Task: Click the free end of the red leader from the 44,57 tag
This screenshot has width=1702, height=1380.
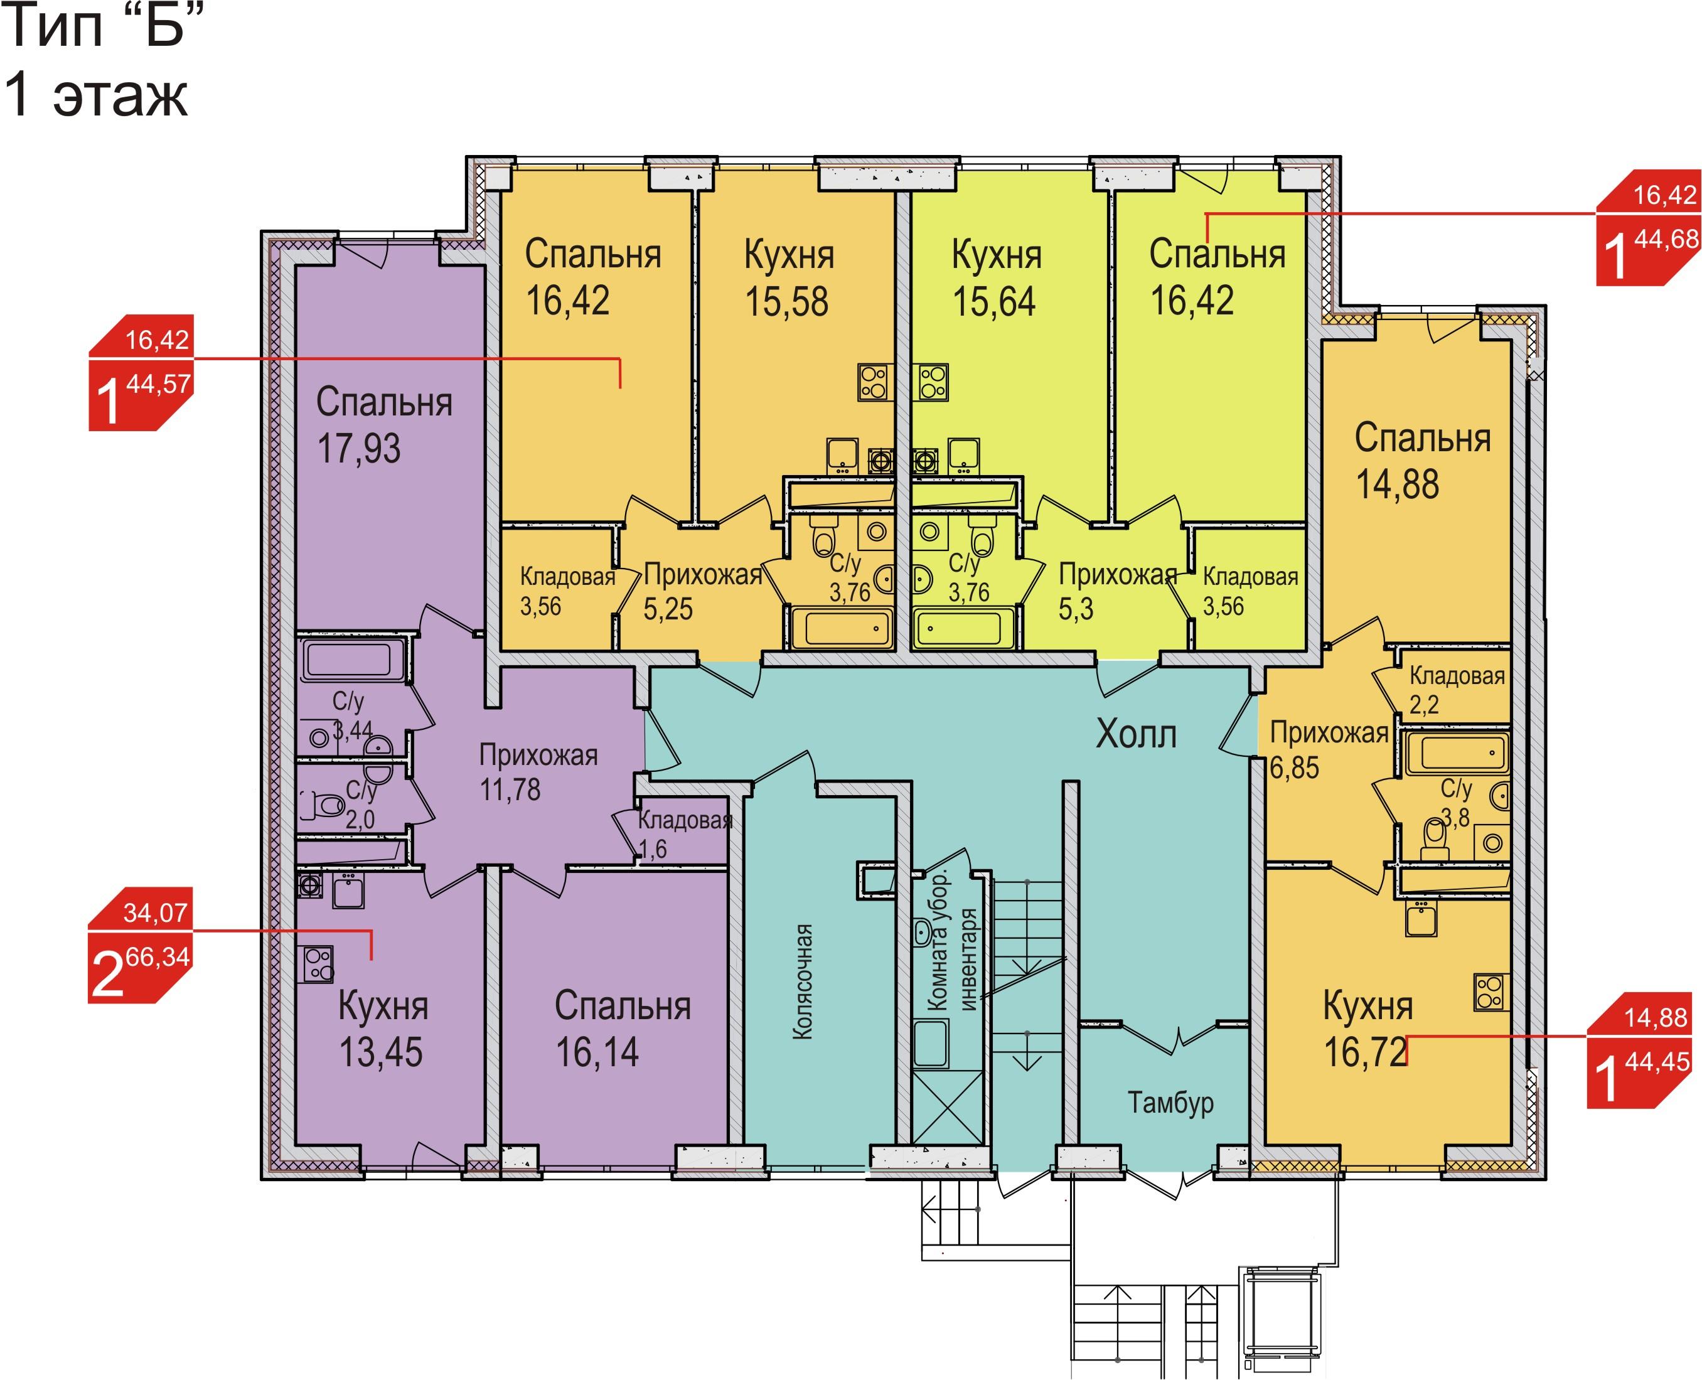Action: click(x=620, y=387)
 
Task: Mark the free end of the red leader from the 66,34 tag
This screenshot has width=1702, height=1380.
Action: click(x=372, y=960)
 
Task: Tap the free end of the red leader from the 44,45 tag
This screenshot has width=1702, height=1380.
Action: click(x=1406, y=1064)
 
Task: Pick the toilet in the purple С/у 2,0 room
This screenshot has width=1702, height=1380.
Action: click(x=323, y=805)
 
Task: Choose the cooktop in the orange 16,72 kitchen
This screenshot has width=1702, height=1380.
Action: click(x=1491, y=992)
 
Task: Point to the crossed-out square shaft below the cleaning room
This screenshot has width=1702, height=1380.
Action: click(x=948, y=1106)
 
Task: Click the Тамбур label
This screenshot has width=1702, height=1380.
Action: click(x=1170, y=1103)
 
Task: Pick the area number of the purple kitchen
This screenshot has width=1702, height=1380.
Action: click(x=381, y=1052)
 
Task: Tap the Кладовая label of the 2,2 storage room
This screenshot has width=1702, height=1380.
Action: click(x=1457, y=676)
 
